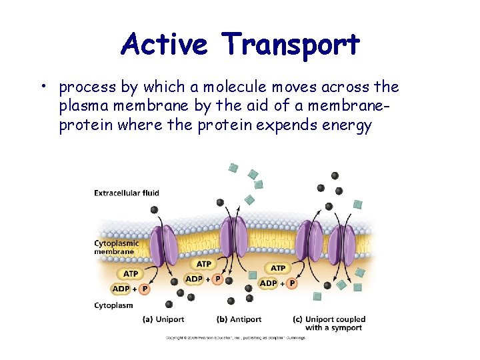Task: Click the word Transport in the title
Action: click(x=292, y=45)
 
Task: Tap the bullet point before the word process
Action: click(x=41, y=87)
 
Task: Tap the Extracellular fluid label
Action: click(x=127, y=193)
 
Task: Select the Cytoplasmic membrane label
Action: click(x=116, y=247)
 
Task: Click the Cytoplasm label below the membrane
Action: click(x=113, y=305)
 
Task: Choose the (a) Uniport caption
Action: click(x=163, y=319)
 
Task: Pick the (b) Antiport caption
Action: click(x=239, y=319)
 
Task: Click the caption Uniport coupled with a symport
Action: click(x=329, y=323)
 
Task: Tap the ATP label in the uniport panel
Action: click(x=131, y=274)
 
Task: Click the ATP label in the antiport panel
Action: click(x=203, y=265)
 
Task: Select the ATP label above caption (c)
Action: click(x=278, y=268)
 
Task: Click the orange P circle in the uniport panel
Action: click(x=145, y=289)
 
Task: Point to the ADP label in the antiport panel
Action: click(x=193, y=278)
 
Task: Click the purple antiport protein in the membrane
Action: click(x=233, y=239)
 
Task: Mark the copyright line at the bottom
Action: click(x=235, y=338)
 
